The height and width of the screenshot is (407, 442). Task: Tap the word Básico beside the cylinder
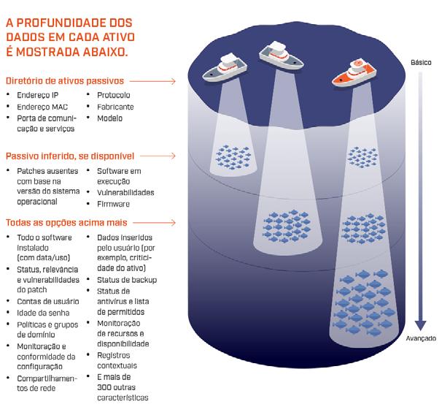tap(421, 63)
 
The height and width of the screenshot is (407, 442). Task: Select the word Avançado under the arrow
tap(421, 338)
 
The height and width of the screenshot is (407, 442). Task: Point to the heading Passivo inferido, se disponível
tap(70, 156)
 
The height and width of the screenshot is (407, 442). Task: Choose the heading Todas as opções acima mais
tap(66, 222)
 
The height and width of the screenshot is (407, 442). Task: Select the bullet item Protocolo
tap(114, 96)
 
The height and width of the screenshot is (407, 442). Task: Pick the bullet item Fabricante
tap(115, 107)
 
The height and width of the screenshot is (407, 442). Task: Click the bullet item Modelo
tap(110, 118)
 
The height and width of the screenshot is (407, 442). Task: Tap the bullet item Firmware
tap(113, 204)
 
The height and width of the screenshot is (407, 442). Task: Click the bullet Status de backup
tap(126, 280)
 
